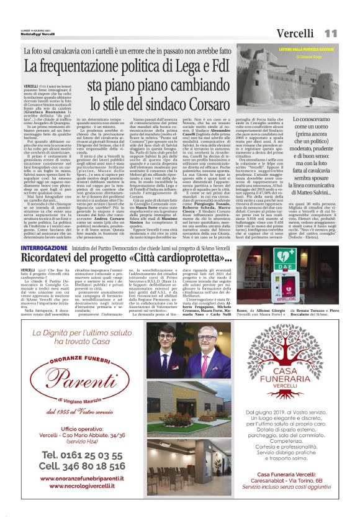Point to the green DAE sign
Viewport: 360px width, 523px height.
coord(286,258)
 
